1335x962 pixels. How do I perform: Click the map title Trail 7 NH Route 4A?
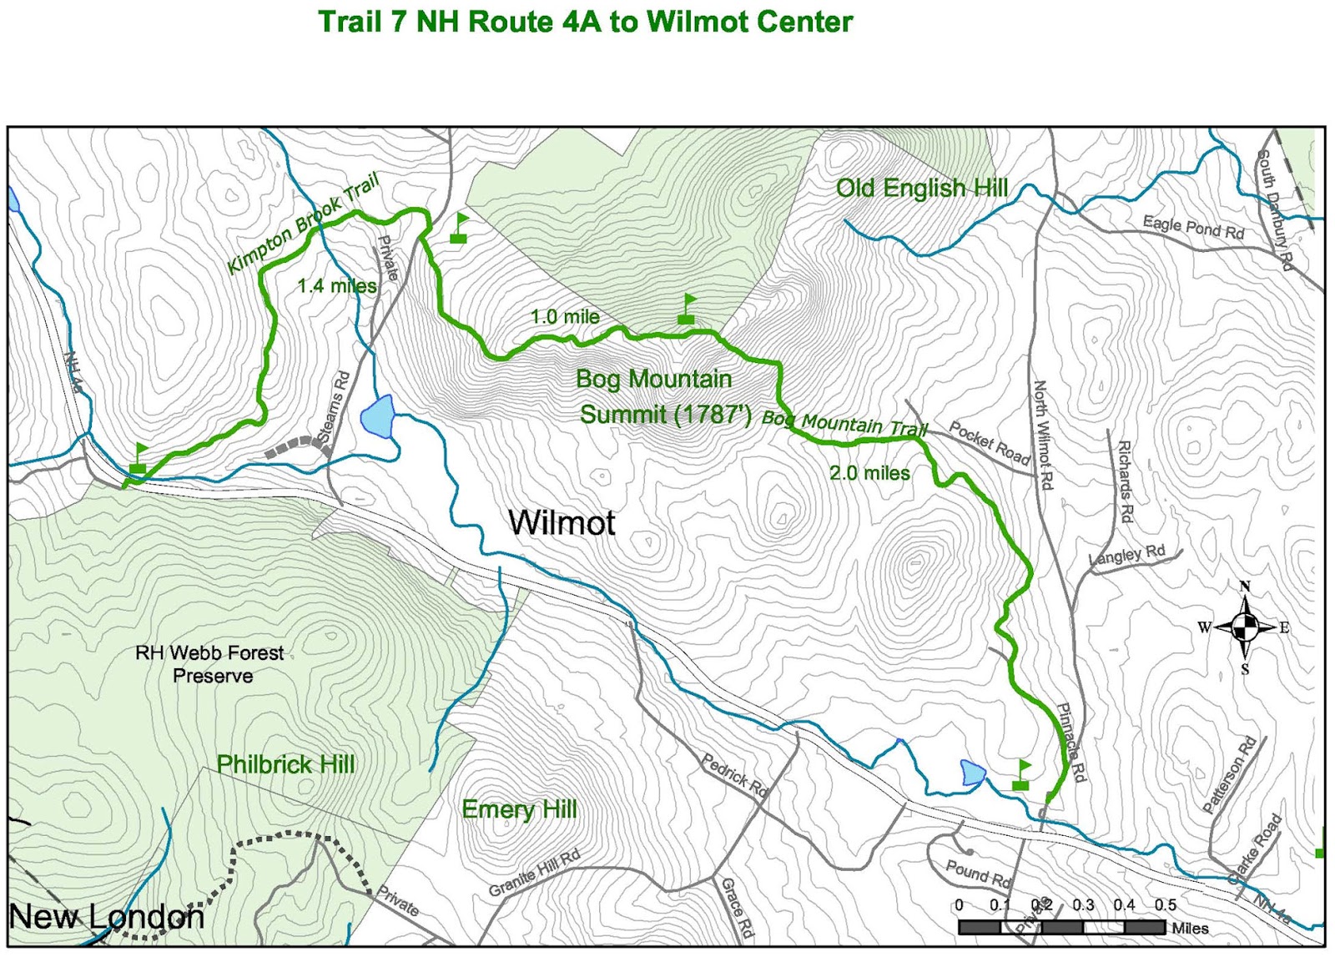pyautogui.click(x=585, y=23)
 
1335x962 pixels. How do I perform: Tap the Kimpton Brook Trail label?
pyautogui.click(x=304, y=223)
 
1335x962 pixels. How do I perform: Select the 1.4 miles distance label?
pyautogui.click(x=336, y=286)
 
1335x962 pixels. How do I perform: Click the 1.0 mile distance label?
pyautogui.click(x=565, y=317)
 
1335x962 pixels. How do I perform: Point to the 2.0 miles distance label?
pyautogui.click(x=869, y=473)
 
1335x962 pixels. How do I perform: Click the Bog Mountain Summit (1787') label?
pyautogui.click(x=659, y=397)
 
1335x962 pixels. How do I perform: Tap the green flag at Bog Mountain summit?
pyautogui.click(x=687, y=308)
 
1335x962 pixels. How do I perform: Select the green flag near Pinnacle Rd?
pyautogui.click(x=1021, y=775)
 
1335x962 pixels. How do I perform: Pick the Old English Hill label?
pyautogui.click(x=922, y=189)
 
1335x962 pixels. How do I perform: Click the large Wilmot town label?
pyautogui.click(x=562, y=523)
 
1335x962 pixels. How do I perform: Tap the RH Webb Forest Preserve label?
pyautogui.click(x=210, y=664)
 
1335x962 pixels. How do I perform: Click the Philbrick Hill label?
pyautogui.click(x=285, y=764)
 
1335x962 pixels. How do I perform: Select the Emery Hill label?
pyautogui.click(x=519, y=809)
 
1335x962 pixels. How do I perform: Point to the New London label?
pyautogui.click(x=106, y=917)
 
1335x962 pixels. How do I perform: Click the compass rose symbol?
pyautogui.click(x=1245, y=627)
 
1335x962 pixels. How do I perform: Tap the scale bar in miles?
pyautogui.click(x=1061, y=927)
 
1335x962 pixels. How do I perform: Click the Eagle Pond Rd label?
pyautogui.click(x=1193, y=227)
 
